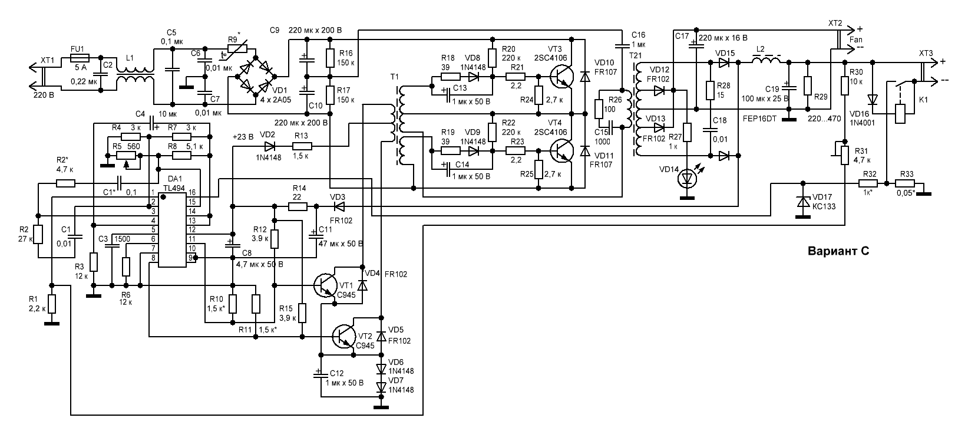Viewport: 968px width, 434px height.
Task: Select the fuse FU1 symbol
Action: click(x=79, y=58)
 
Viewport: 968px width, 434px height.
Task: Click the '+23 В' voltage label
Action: click(x=243, y=136)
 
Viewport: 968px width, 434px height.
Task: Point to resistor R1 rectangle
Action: click(x=52, y=304)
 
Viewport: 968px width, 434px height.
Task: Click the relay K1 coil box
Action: click(x=900, y=113)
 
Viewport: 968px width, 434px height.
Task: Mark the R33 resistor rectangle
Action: click(x=907, y=183)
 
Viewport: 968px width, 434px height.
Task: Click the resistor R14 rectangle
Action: click(x=298, y=206)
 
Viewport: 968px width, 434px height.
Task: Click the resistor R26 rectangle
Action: click(x=599, y=110)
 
